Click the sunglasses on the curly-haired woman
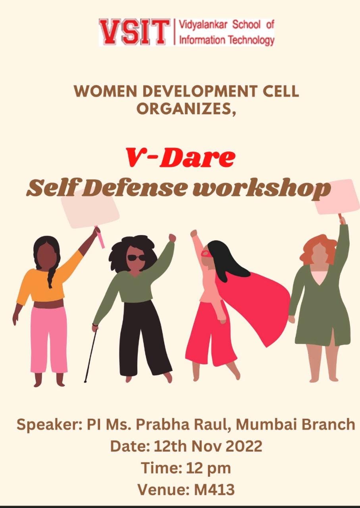coord(136,258)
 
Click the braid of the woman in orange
coord(52,275)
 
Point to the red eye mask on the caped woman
coord(206,253)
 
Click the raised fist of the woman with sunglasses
coord(172,238)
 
